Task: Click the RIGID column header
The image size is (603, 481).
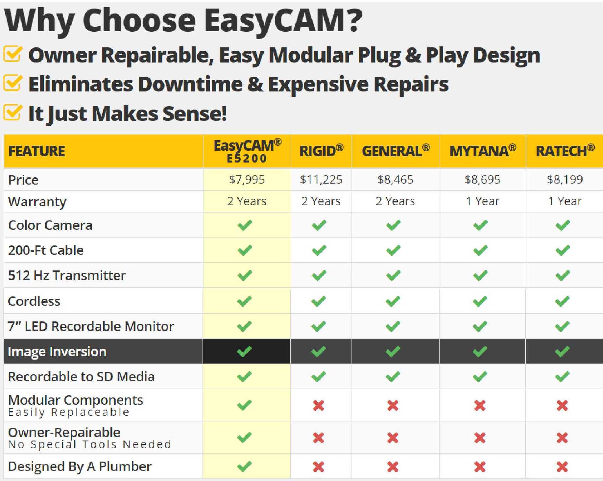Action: (321, 151)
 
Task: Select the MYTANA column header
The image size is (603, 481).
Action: (483, 151)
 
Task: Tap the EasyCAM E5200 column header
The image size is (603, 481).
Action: (247, 151)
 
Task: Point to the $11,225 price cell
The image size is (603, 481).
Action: (321, 180)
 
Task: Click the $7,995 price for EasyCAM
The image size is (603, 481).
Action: (247, 180)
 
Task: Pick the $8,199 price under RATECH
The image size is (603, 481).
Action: (565, 180)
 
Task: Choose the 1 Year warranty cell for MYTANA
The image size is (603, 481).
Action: (482, 201)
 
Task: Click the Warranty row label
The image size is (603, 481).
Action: (37, 202)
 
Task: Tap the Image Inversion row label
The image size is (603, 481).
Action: (57, 352)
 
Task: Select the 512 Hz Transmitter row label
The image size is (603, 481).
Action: (67, 275)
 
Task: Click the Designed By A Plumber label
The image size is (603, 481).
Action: (80, 467)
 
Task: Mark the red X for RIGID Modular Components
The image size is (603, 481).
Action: (319, 405)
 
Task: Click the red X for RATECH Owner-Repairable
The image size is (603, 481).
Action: (562, 438)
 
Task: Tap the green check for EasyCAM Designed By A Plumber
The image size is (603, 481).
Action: (244, 466)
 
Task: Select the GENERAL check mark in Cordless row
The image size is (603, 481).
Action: (393, 301)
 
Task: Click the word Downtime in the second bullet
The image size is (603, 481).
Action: (190, 84)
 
